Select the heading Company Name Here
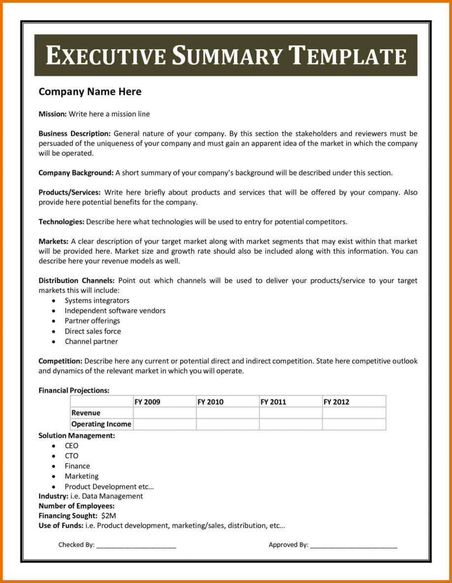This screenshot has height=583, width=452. click(90, 92)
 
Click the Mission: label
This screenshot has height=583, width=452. click(53, 114)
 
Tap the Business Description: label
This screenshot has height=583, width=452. click(75, 133)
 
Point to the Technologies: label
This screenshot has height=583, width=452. click(62, 222)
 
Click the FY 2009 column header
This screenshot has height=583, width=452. click(147, 402)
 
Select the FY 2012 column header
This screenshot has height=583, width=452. click(336, 402)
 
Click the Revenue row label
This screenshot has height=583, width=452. click(86, 413)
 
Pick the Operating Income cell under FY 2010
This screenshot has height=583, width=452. click(227, 424)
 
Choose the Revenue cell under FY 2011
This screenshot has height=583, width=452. click(291, 413)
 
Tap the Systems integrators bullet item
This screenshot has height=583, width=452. click(97, 300)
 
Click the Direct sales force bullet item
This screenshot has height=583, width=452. click(93, 331)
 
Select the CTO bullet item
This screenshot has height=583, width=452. click(71, 456)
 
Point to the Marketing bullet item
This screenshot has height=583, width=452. click(81, 476)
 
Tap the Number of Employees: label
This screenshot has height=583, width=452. click(76, 506)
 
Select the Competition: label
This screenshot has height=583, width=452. click(61, 361)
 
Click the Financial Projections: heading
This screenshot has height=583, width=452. click(74, 390)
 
